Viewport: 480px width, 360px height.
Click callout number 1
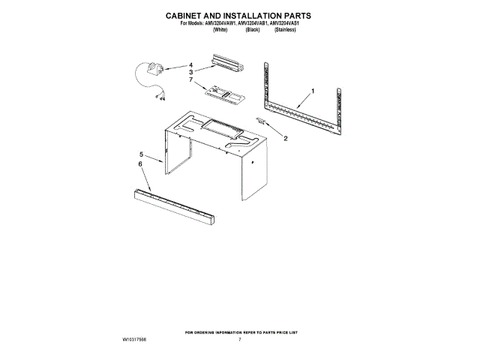pyautogui.click(x=313, y=91)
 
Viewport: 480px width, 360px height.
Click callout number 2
pyautogui.click(x=284, y=139)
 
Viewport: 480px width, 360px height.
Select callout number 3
pyautogui.click(x=190, y=72)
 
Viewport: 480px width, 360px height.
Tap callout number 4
pyautogui.click(x=190, y=64)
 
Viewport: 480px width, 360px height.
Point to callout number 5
pyautogui.click(x=140, y=154)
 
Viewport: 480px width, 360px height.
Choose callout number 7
pyautogui.click(x=190, y=79)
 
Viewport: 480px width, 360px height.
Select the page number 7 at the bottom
pyautogui.click(x=239, y=340)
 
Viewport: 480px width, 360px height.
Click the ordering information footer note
pyautogui.click(x=240, y=331)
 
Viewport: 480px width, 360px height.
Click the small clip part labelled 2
pyautogui.click(x=261, y=121)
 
